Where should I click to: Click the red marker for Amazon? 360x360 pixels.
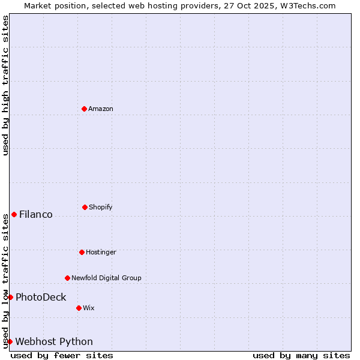click(84, 109)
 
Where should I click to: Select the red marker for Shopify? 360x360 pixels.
click(85, 207)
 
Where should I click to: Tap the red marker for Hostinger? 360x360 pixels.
click(82, 252)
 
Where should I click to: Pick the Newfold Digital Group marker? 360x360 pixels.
click(67, 278)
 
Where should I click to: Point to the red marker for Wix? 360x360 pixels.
click(79, 308)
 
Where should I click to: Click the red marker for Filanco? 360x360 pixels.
click(14, 214)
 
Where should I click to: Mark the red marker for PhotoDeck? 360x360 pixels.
click(10, 297)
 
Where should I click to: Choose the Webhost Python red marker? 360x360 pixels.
click(10, 341)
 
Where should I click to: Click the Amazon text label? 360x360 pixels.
click(101, 109)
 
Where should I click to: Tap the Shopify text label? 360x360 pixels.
click(101, 207)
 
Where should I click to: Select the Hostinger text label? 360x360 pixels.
click(101, 252)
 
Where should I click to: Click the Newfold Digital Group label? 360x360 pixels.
click(106, 278)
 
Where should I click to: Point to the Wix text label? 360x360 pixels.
click(89, 308)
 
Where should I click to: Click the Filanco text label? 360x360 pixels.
click(36, 214)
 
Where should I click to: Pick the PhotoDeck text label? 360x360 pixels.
click(41, 297)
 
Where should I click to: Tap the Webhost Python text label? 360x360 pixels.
click(54, 341)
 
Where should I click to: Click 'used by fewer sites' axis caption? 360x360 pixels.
click(62, 355)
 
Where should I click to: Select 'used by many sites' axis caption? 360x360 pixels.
click(301, 355)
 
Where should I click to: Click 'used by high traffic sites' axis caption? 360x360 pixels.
click(5, 85)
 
